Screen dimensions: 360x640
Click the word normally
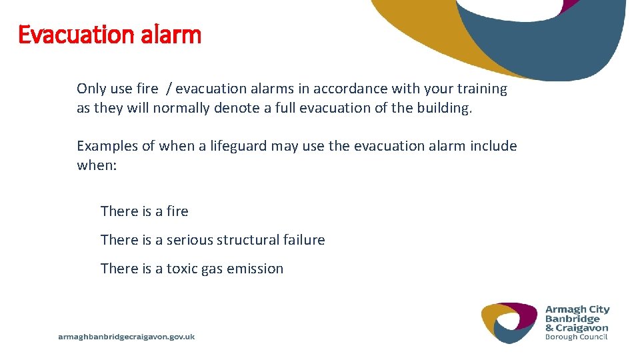(x=181, y=108)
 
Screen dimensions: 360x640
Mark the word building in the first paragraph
(x=443, y=108)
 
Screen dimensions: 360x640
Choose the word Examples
(x=107, y=146)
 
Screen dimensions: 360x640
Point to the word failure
(x=305, y=240)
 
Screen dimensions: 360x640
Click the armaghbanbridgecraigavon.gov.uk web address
(x=127, y=337)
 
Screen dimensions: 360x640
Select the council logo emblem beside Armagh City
(x=509, y=322)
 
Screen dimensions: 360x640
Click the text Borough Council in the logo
(x=577, y=337)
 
